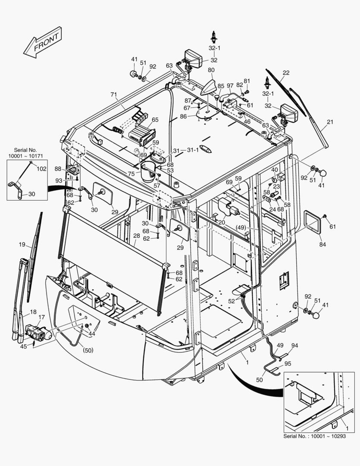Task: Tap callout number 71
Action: pos(114,94)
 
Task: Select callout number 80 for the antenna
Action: pos(211,70)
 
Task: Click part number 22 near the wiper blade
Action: pos(286,72)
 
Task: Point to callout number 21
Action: pos(330,122)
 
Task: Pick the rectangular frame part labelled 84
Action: pos(313,221)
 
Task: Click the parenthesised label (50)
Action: pos(88,350)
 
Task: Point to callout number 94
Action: pos(294,346)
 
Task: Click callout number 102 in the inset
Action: pos(41,169)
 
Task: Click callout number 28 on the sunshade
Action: pos(136,236)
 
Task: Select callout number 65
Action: pos(155,120)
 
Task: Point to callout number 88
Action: pos(58,169)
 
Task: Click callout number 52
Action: pos(232,301)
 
